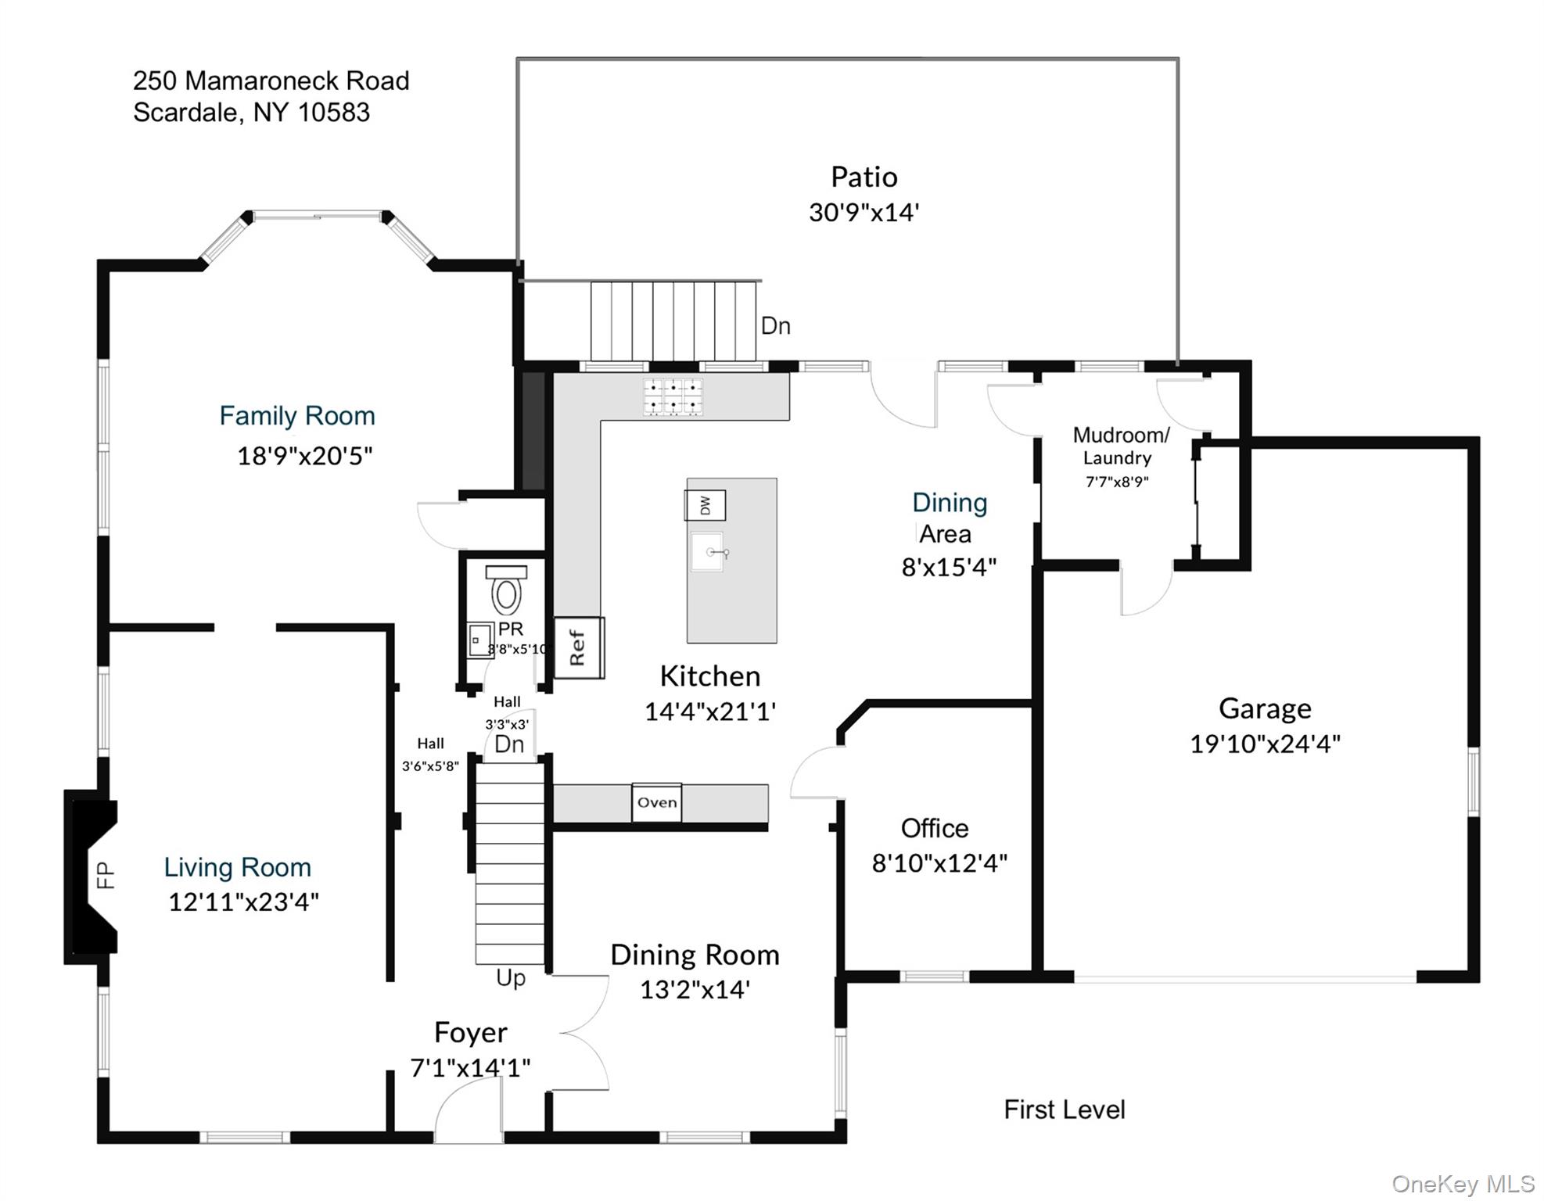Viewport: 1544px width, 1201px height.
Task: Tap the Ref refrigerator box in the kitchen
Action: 579,647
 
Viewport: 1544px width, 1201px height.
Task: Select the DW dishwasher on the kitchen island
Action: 705,505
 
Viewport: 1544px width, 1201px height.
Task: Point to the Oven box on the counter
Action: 656,802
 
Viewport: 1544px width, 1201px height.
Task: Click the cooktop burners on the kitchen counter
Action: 673,396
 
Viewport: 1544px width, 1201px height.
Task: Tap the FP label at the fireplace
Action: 106,875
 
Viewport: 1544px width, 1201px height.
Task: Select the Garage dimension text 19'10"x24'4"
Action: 1265,744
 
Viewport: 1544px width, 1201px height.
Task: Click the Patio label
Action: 864,177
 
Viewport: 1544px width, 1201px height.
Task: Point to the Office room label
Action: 934,828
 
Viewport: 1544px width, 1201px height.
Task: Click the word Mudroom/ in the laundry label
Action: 1121,435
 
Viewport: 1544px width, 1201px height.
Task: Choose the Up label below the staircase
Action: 511,978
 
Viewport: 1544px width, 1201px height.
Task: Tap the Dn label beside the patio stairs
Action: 775,326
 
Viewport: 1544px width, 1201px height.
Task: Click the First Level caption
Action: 1064,1110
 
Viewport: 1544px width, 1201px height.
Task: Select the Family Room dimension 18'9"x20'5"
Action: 304,456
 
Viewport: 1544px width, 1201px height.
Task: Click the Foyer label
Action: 470,1033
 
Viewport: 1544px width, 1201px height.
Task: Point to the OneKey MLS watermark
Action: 1462,1184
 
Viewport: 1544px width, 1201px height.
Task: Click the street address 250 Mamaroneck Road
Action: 271,81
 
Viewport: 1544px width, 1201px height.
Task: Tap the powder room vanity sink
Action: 479,640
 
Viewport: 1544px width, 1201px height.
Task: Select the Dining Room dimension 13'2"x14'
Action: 695,990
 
